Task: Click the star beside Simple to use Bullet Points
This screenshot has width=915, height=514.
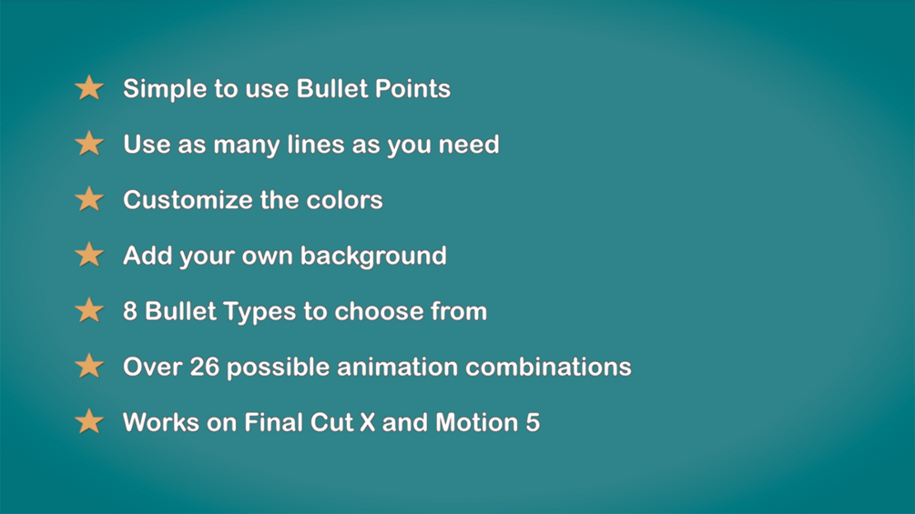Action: pos(89,88)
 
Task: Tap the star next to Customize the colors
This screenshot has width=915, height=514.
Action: pos(89,199)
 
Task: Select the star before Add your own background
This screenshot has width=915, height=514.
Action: pos(89,255)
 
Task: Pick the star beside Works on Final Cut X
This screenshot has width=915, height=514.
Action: pos(89,421)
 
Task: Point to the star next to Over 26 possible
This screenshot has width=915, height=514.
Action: pos(89,366)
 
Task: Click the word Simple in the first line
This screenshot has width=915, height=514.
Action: pos(158,89)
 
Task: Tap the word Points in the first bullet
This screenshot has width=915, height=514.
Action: pos(415,89)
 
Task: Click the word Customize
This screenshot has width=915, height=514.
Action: pos(188,200)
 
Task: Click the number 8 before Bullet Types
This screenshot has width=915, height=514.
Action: pos(130,311)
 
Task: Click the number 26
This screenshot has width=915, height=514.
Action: pos(205,367)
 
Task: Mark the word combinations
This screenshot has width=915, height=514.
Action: pos(549,367)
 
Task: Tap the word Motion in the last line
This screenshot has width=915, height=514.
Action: pos(476,422)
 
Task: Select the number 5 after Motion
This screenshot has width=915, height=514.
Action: pos(533,422)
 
